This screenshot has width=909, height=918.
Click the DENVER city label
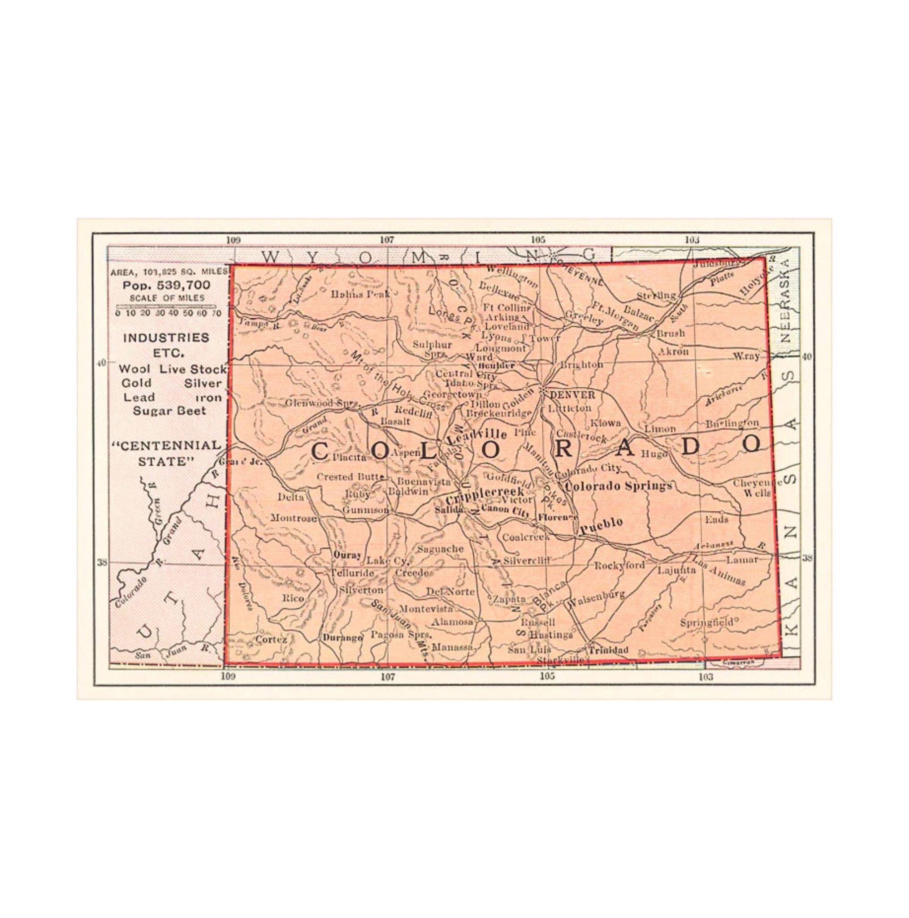click(572, 395)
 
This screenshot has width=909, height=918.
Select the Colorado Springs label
click(619, 485)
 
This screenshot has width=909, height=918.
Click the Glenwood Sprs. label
click(321, 403)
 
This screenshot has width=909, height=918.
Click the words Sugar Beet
click(169, 411)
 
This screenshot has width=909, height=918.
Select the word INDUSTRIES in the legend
click(166, 338)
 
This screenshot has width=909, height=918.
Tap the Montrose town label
click(294, 518)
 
